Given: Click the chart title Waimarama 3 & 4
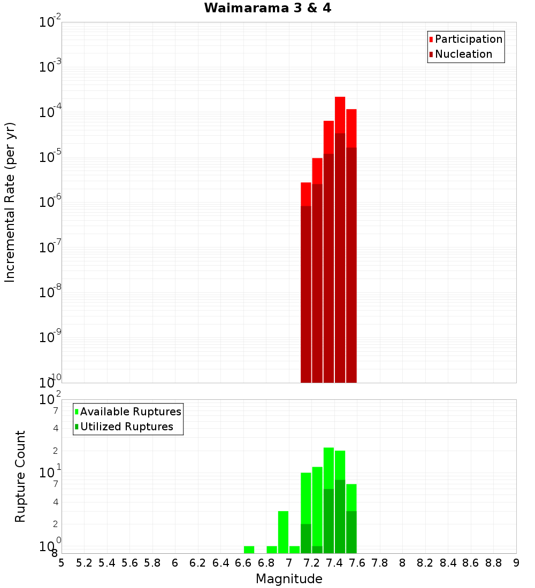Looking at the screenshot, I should click(267, 9).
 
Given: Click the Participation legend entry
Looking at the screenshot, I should click(468, 40).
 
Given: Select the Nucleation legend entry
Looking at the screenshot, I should click(463, 55).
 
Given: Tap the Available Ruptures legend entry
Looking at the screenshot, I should click(130, 412).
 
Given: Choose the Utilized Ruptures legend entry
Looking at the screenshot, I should click(126, 427).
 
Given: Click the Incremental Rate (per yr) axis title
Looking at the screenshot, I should click(10, 203).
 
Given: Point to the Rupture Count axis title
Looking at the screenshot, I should click(20, 476).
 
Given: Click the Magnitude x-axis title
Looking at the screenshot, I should click(289, 579).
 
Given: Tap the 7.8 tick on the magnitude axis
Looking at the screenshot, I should click(380, 563).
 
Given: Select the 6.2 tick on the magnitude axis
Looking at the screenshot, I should click(198, 563).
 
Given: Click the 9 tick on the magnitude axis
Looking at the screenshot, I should click(516, 563).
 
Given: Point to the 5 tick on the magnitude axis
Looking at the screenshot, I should click(62, 563).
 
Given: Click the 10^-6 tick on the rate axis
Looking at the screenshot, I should click(51, 203).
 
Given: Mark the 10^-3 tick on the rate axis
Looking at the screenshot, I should click(51, 67).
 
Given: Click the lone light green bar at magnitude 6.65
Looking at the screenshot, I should click(249, 550).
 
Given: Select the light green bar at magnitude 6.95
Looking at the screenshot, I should click(283, 532).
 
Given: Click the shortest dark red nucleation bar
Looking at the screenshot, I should click(306, 294).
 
